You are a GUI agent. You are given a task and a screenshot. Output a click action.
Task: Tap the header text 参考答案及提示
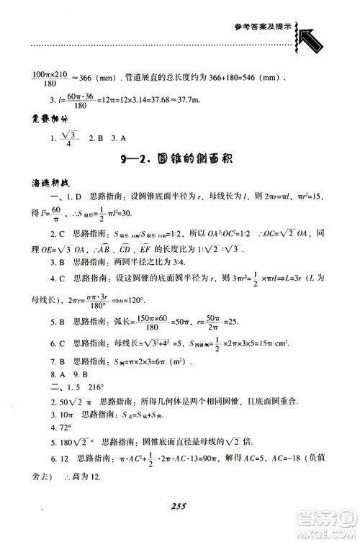point(263,26)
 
